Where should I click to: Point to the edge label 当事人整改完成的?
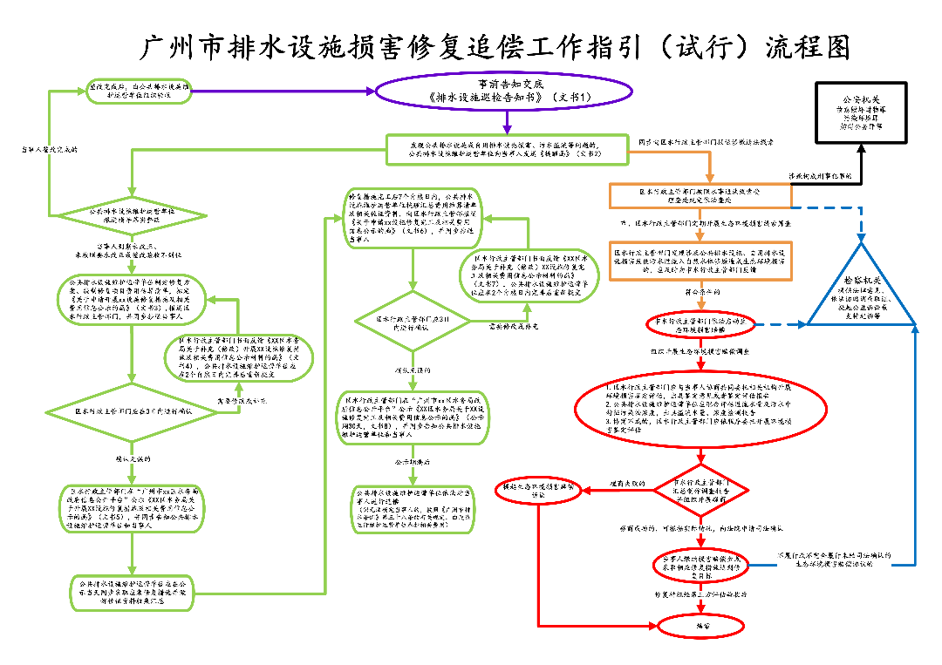click(49, 149)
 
